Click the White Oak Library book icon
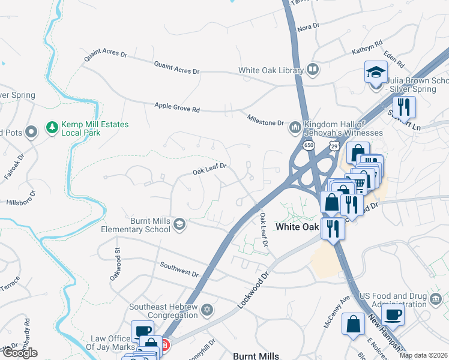click(312, 70)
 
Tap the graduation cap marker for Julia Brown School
click(376, 74)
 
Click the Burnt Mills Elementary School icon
click(179, 224)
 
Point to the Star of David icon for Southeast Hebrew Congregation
click(207, 310)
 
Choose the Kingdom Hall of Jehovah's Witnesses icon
click(295, 128)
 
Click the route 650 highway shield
click(309, 145)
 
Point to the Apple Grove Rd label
click(177, 107)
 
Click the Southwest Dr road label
click(179, 269)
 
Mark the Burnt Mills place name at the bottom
click(255, 356)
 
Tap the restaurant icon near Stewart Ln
click(406, 107)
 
